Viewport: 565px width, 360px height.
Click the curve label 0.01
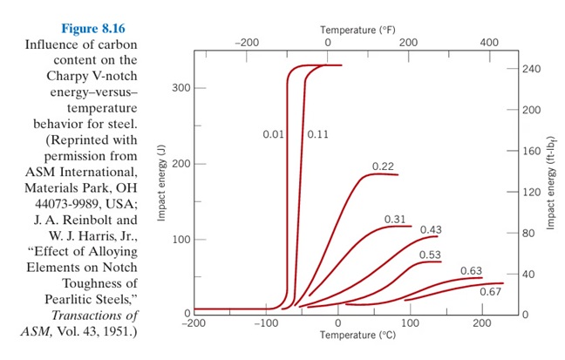click(275, 135)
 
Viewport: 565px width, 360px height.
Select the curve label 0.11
click(318, 135)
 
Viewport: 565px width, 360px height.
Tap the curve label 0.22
click(384, 166)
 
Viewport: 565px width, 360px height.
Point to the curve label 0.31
click(396, 218)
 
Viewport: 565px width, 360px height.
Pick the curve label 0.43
click(432, 230)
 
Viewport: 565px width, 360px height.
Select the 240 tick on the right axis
click(533, 69)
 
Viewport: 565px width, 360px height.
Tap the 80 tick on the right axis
click(530, 233)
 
